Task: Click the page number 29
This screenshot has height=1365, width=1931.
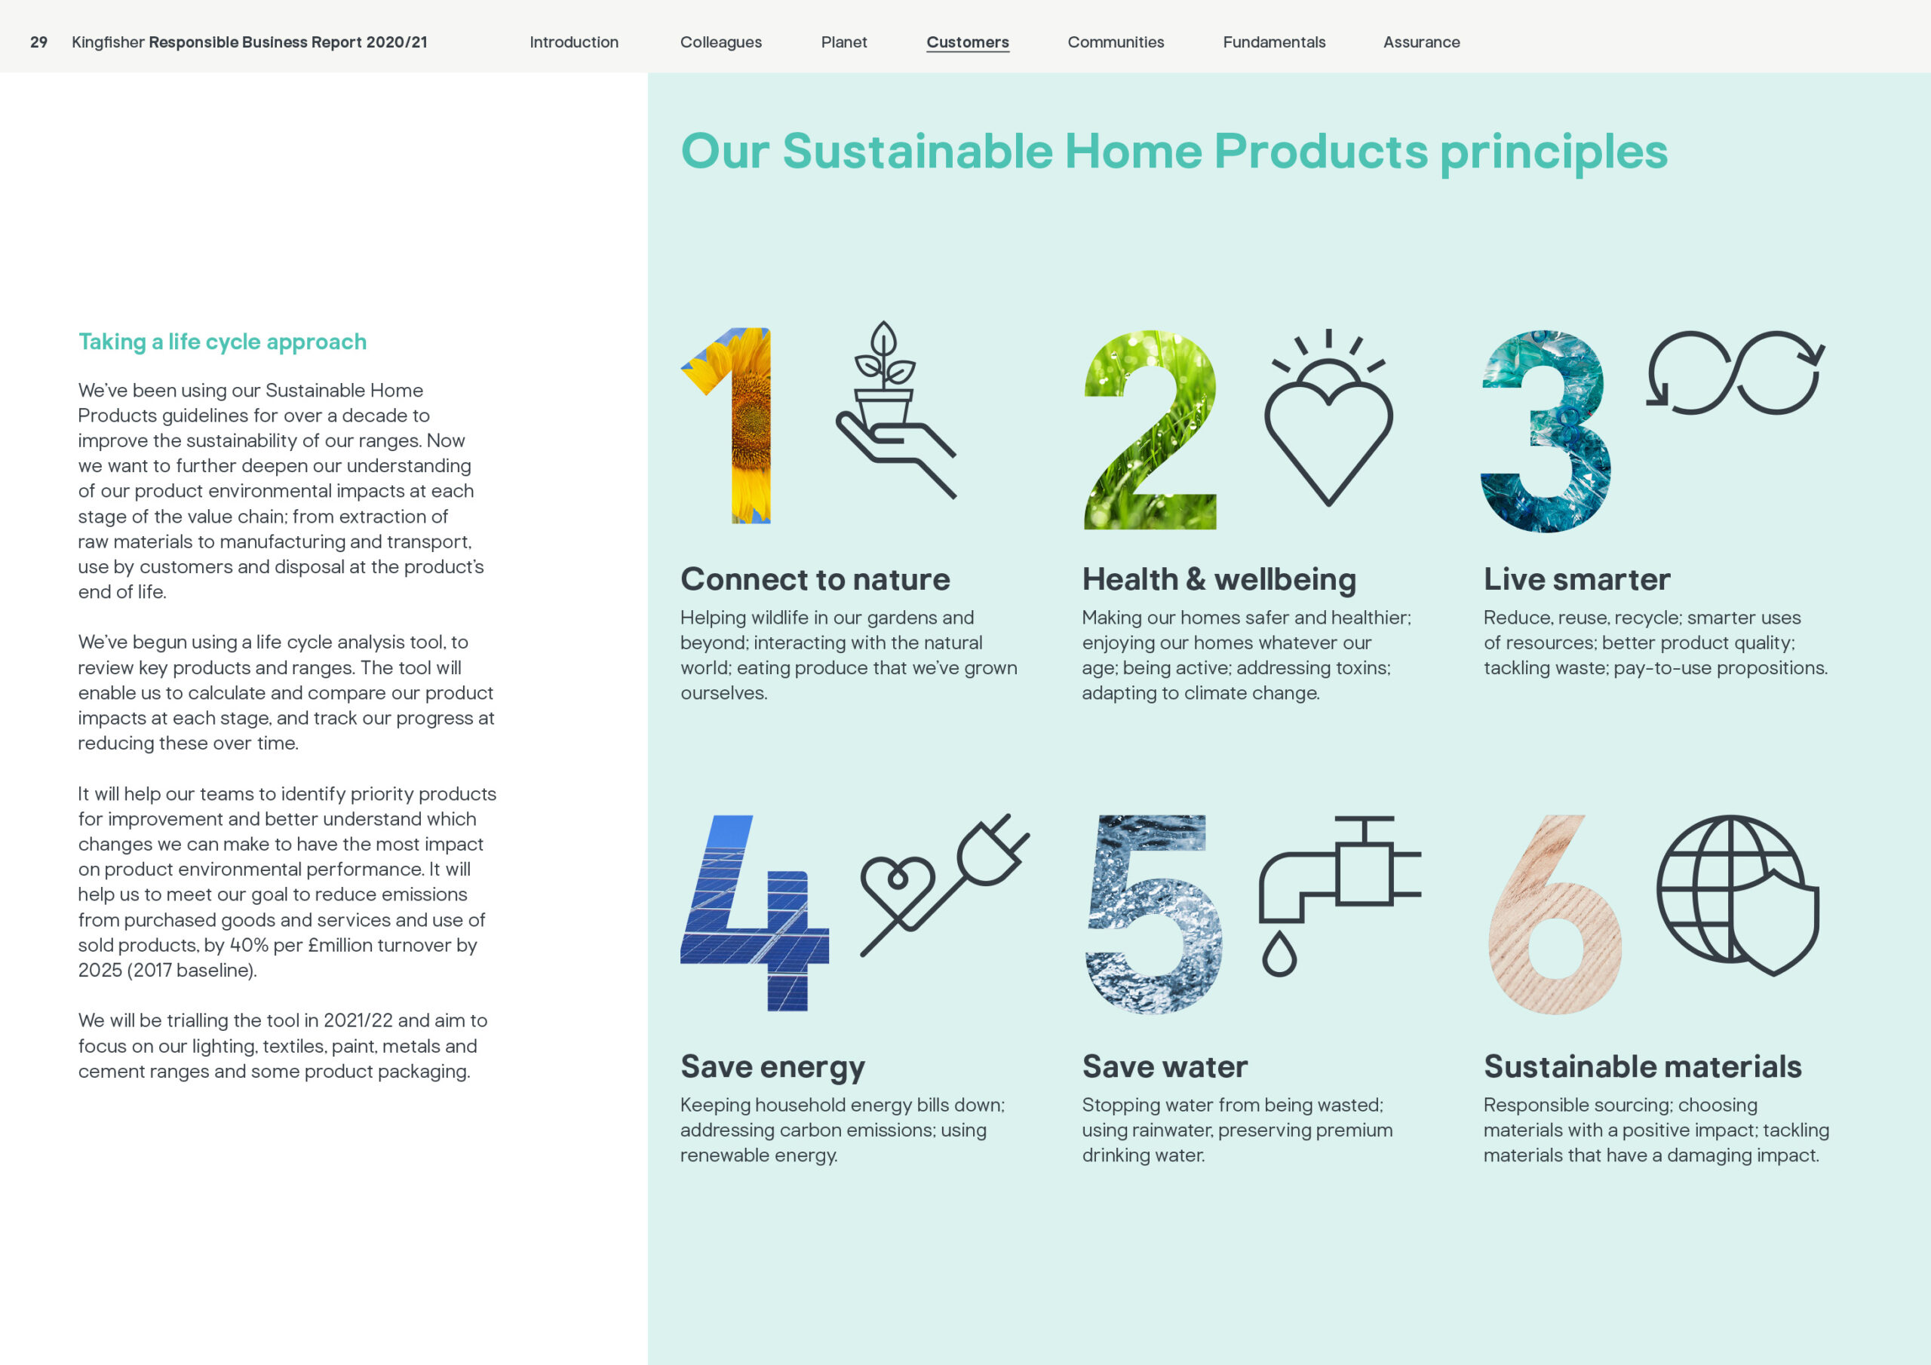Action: (x=38, y=42)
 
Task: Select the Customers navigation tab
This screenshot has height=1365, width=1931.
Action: (x=967, y=42)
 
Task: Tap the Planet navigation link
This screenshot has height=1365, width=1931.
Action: (x=843, y=42)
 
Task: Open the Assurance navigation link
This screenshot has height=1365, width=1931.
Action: (x=1421, y=42)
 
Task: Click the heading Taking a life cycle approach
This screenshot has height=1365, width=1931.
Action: (x=222, y=342)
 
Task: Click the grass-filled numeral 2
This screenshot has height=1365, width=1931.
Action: (x=1150, y=430)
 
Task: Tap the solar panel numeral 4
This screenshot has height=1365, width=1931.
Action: (x=754, y=913)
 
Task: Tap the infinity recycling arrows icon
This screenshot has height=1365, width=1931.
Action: (x=1734, y=373)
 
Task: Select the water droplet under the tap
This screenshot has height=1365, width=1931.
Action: (x=1279, y=954)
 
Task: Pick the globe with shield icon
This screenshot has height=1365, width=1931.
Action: (x=1738, y=895)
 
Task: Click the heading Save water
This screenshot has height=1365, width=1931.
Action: (x=1165, y=1066)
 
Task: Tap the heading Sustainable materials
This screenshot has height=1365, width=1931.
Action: (x=1643, y=1066)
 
